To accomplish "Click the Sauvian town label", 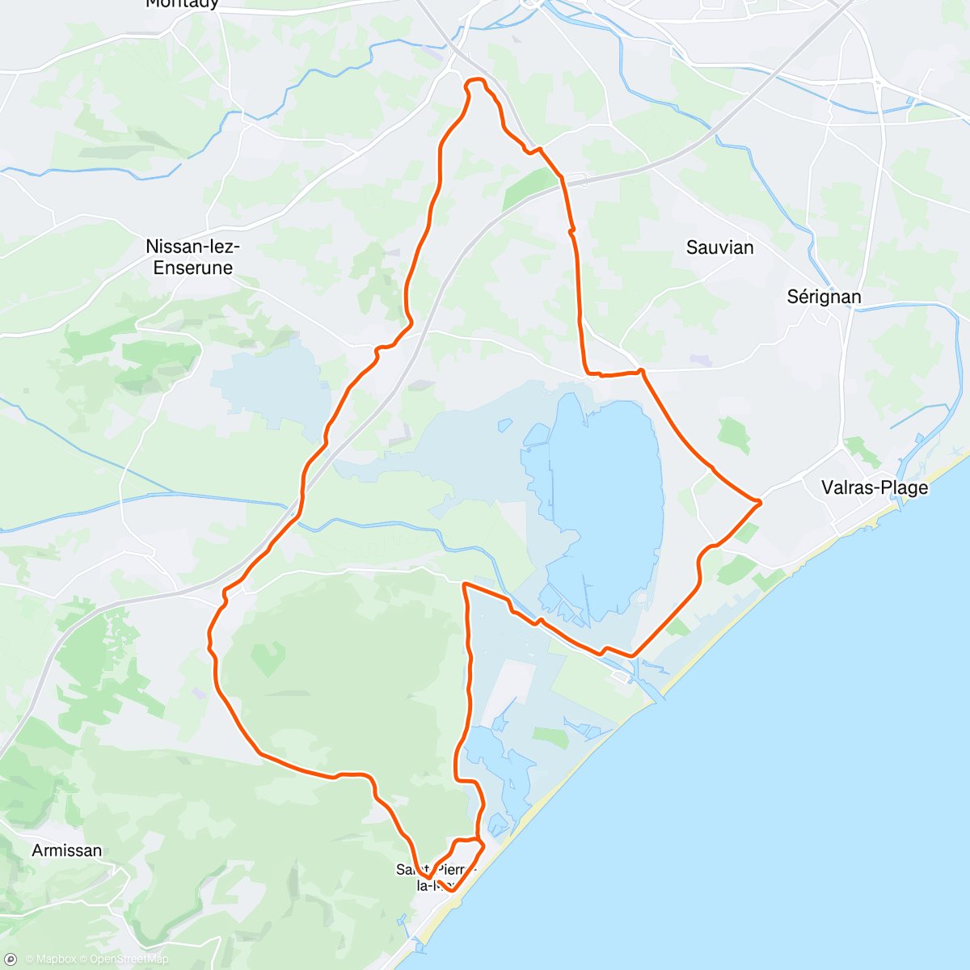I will pyautogui.click(x=719, y=247).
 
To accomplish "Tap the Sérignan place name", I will pyautogui.click(x=824, y=297).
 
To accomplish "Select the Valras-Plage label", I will pyautogui.click(x=874, y=487).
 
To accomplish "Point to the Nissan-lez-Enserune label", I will pyautogui.click(x=193, y=257).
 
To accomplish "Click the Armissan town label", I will pyautogui.click(x=67, y=850).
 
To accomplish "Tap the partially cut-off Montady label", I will pyautogui.click(x=182, y=4).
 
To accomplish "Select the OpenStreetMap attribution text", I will pyautogui.click(x=129, y=959).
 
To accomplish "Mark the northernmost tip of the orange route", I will pyautogui.click(x=475, y=79).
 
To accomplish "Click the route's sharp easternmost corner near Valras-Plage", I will pyautogui.click(x=761, y=503).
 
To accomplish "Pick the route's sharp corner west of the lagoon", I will pyautogui.click(x=464, y=583).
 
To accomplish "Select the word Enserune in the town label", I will pyautogui.click(x=193, y=268).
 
